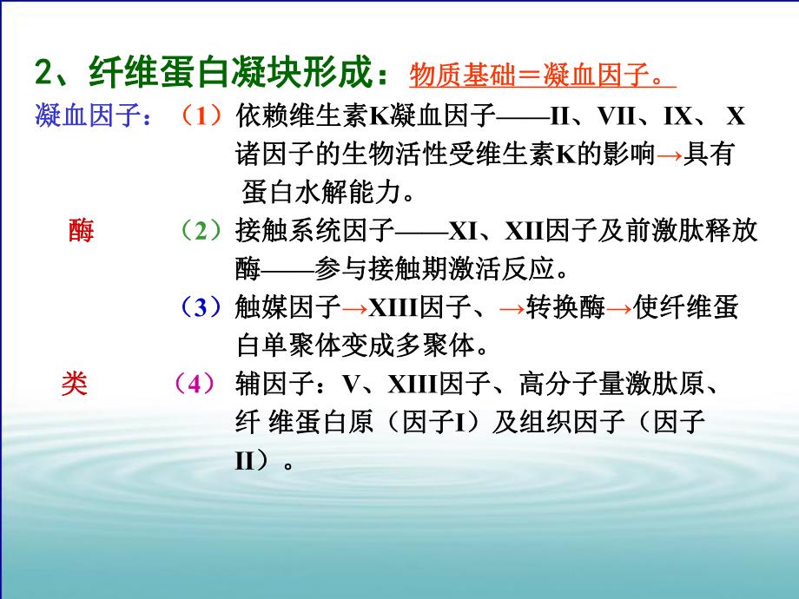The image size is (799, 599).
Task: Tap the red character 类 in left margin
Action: (74, 384)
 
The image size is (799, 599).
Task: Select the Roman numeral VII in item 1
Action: (622, 117)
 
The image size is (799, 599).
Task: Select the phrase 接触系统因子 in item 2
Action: (314, 231)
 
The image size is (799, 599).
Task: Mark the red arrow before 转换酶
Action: (513, 308)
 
